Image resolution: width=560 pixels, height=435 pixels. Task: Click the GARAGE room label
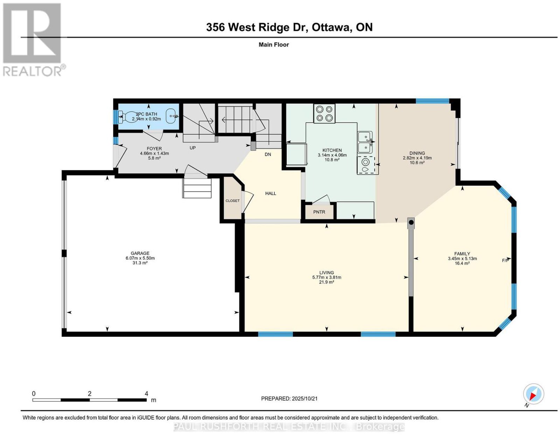[140, 253]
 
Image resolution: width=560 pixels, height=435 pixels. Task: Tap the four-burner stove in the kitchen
[324, 113]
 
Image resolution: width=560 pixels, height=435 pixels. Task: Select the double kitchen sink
[365, 142]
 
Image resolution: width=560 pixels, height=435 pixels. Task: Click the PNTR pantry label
[319, 212]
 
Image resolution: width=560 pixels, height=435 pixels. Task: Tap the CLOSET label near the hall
[232, 201]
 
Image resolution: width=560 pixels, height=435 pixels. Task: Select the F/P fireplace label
[505, 260]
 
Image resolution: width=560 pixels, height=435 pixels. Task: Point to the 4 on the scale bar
[146, 394]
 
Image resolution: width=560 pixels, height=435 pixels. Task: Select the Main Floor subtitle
[274, 44]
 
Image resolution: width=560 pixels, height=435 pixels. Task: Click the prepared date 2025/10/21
[304, 398]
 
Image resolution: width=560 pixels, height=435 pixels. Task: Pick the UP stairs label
[192, 148]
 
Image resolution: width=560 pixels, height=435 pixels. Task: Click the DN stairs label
[268, 154]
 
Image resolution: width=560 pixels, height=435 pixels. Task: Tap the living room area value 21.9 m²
[327, 282]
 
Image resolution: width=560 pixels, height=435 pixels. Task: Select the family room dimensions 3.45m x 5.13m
[462, 258]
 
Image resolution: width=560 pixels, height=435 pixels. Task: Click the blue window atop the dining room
[433, 101]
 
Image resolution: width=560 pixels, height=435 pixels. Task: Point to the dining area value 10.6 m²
[417, 162]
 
